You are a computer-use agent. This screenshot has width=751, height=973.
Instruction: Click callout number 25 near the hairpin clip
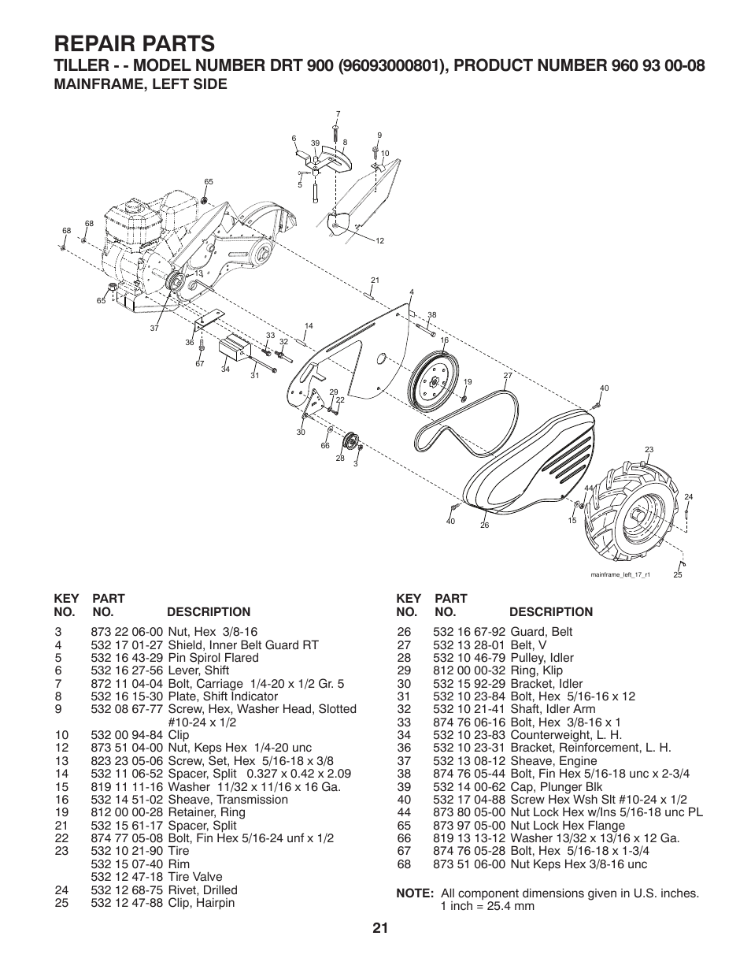[677, 575]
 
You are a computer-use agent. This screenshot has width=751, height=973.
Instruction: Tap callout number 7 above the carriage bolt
[337, 114]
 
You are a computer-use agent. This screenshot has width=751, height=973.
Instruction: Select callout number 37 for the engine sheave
[154, 328]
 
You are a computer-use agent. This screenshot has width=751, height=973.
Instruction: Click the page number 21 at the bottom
[380, 928]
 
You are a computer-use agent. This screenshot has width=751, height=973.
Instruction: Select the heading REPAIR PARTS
[134, 42]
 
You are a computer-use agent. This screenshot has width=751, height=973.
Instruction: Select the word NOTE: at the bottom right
[416, 893]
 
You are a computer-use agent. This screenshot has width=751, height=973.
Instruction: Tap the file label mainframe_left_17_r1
[620, 574]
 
